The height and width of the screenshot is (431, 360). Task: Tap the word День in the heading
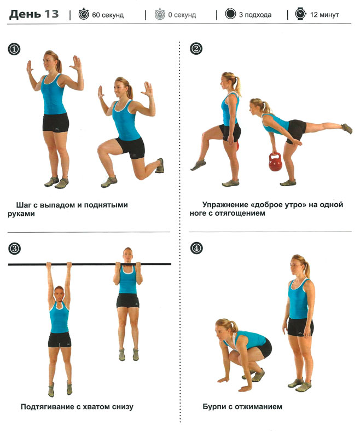click(x=25, y=15)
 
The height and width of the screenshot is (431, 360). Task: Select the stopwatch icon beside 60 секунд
click(x=84, y=14)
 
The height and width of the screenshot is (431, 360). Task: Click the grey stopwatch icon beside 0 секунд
click(x=160, y=14)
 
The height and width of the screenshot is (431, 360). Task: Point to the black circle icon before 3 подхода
click(x=230, y=14)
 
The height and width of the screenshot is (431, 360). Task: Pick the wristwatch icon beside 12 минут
click(x=300, y=14)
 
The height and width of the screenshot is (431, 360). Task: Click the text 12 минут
click(x=324, y=15)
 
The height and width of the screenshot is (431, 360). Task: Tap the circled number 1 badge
click(x=14, y=49)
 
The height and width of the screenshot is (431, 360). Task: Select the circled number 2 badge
click(x=196, y=49)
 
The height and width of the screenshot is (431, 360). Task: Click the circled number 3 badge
click(x=14, y=249)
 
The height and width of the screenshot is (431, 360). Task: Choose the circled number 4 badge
click(x=196, y=249)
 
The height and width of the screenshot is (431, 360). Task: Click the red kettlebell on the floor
click(x=275, y=162)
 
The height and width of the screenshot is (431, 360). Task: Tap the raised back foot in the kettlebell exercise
click(x=347, y=128)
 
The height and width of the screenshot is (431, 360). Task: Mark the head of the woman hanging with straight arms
click(x=59, y=294)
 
